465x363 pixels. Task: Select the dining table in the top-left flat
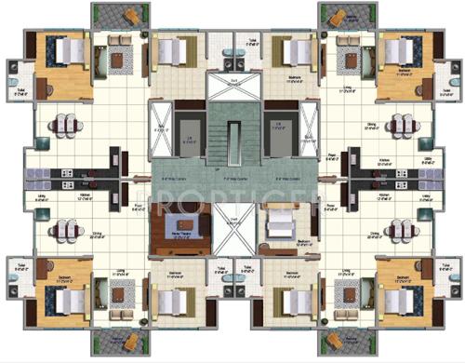point(62,124)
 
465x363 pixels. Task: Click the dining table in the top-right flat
point(403,124)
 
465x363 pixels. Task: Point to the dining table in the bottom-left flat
point(62,230)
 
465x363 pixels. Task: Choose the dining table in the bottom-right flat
point(403,230)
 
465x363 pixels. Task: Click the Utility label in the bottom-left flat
point(42,197)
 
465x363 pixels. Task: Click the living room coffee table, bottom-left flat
point(118,294)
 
